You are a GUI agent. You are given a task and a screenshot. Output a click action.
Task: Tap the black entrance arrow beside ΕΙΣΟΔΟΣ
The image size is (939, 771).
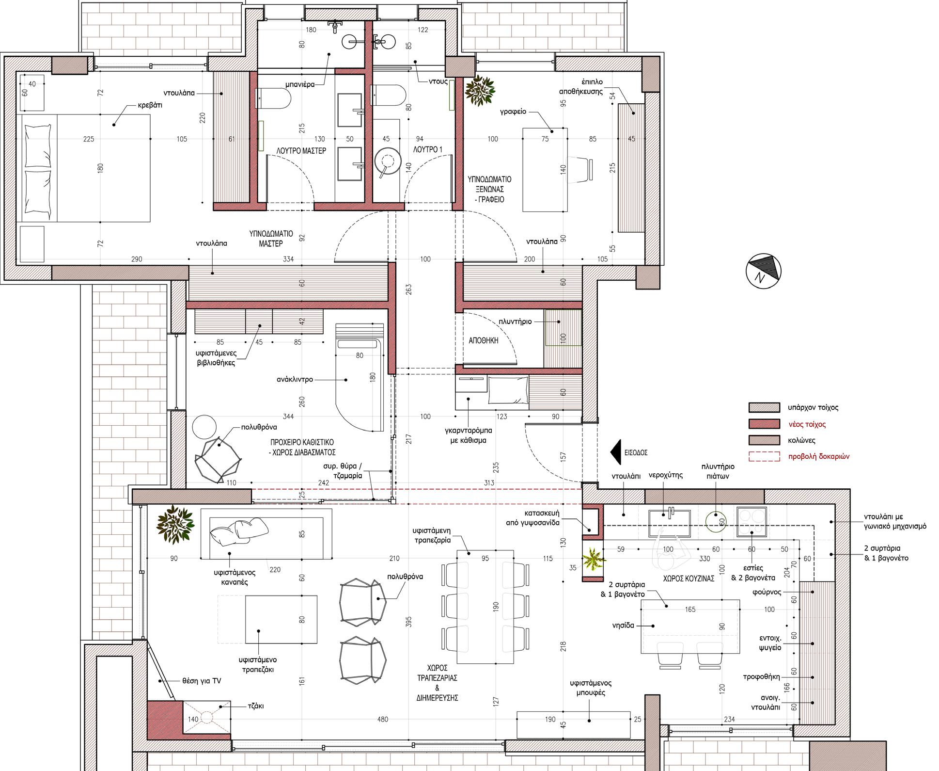pos(615,452)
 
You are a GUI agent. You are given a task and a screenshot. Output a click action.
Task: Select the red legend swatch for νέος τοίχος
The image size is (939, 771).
pos(764,424)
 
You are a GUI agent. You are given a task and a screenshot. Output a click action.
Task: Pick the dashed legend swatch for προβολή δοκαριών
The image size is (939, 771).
pos(764,456)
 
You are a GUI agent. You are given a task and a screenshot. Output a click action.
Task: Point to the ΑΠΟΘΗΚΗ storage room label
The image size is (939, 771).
pos(484,340)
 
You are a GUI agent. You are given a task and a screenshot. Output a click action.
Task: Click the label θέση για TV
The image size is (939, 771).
pos(202,681)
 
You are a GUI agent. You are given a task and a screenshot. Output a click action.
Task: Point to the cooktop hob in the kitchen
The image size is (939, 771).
pos(751,521)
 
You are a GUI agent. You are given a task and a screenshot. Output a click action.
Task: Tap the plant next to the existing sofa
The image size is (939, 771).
pos(175,523)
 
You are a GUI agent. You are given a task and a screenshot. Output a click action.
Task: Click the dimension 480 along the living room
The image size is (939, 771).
pos(382,719)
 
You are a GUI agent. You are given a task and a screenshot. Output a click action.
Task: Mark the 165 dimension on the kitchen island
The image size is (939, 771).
pos(690,610)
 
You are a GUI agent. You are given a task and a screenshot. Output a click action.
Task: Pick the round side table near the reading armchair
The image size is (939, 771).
pos(204,427)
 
